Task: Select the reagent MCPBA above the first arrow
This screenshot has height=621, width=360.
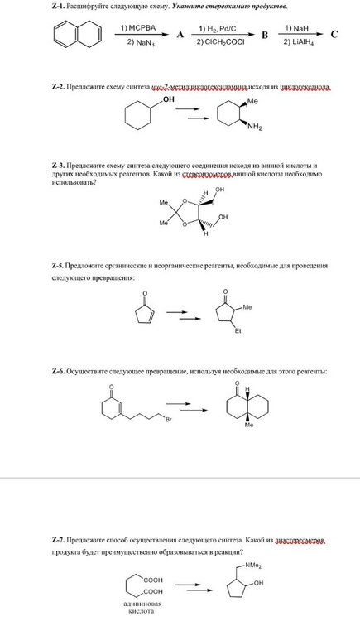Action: (133, 27)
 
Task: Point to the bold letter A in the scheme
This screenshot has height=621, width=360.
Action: (179, 36)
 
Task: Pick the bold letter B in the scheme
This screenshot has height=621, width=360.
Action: (264, 36)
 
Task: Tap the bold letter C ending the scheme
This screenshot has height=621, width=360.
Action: (334, 35)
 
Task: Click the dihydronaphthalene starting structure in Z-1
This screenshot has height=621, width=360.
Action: (77, 34)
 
